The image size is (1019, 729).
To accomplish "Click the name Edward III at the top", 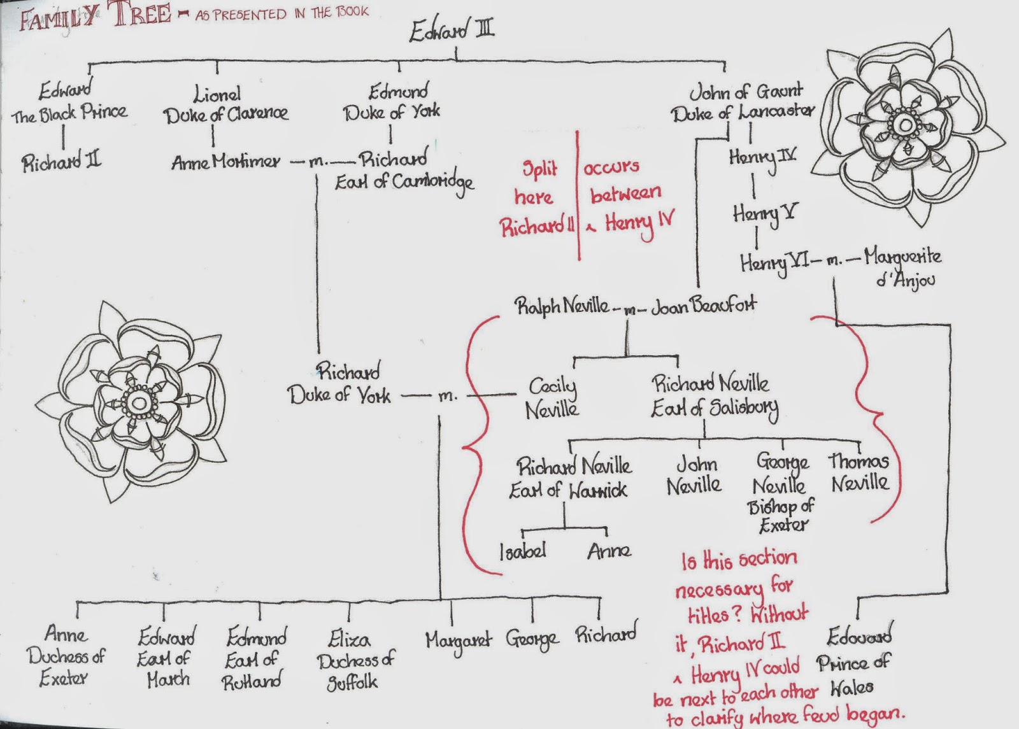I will point(451,31).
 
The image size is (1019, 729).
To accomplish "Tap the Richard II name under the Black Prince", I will point(61,162).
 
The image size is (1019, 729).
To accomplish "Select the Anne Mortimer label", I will point(225,162).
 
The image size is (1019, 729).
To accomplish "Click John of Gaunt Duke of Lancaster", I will point(743,103).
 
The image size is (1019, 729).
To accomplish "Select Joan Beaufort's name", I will point(704,306).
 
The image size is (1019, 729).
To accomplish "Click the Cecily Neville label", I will point(552,397).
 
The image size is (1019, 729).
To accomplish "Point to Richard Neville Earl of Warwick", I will point(571,478).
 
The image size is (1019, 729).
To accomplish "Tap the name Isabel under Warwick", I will point(522,551).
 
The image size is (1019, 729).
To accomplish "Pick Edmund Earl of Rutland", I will point(255,659).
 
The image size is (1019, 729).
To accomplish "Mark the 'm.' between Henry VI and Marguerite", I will point(834,260).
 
